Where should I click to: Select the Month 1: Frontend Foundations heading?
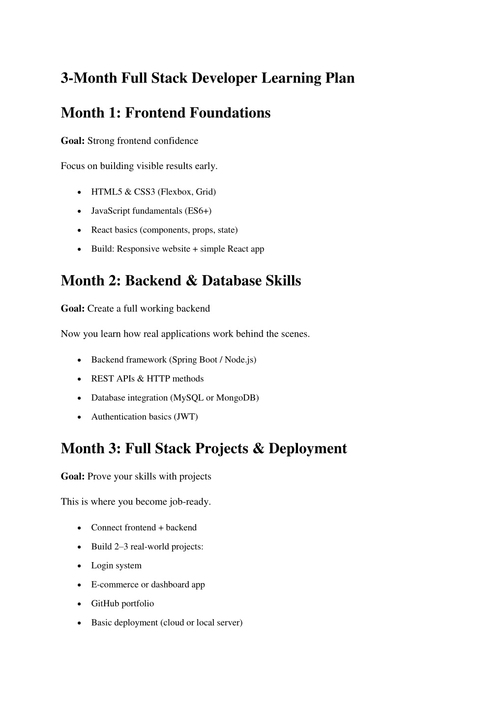pyautogui.click(x=166, y=113)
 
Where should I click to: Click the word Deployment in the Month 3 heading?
pyautogui.click(x=307, y=449)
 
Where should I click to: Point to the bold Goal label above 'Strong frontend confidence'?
pyautogui.click(x=73, y=141)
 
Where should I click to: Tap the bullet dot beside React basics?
pyautogui.click(x=80, y=230)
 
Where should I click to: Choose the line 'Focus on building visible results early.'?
pyautogui.click(x=139, y=166)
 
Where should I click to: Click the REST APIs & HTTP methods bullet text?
pyautogui.click(x=147, y=379)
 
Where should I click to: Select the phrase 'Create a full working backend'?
pyautogui.click(x=148, y=309)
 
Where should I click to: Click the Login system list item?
pyautogui.click(x=116, y=566)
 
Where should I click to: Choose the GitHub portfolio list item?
pyautogui.click(x=122, y=603)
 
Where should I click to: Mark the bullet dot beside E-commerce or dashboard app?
pyautogui.click(x=80, y=585)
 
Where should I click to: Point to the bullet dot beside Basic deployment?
pyautogui.click(x=80, y=623)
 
